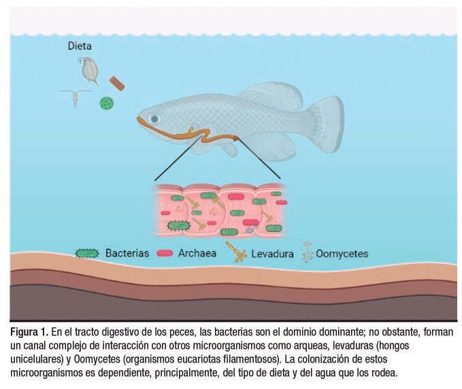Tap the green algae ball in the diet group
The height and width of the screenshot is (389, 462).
tap(106, 103)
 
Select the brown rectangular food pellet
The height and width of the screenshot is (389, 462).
tap(117, 83)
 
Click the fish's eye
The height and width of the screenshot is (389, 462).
tap(154, 118)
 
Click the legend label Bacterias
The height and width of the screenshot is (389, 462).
tap(127, 254)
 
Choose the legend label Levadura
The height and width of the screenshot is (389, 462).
tap(271, 254)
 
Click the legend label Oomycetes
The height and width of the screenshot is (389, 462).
tap(342, 254)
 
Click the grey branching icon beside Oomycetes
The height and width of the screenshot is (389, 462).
tap(306, 254)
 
